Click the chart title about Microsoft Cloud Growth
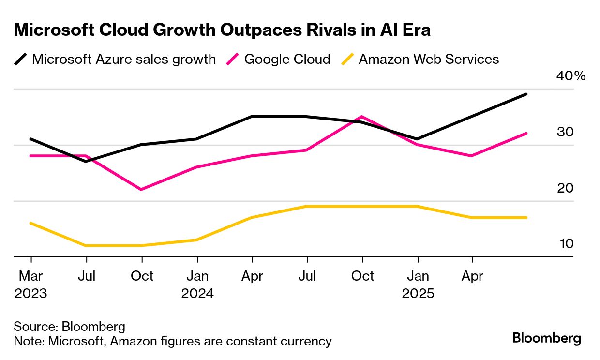pyautogui.click(x=222, y=30)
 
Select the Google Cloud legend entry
pyautogui.click(x=287, y=60)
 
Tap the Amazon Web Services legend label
pyautogui.click(x=428, y=60)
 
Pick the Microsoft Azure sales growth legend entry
pyautogui.click(x=123, y=60)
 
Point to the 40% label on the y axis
pyautogui.click(x=571, y=76)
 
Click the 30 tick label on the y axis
pyautogui.click(x=565, y=132)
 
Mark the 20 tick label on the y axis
pyautogui.click(x=565, y=188)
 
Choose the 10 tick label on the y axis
pyautogui.click(x=566, y=243)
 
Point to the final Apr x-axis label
pyautogui.click(x=472, y=276)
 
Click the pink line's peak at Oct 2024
pyautogui.click(x=361, y=117)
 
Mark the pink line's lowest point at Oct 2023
pyautogui.click(x=141, y=189)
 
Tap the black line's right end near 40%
pyautogui.click(x=526, y=94)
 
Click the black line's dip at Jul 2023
pyautogui.click(x=86, y=161)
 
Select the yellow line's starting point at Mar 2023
pyautogui.click(x=31, y=223)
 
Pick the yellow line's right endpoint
pyautogui.click(x=526, y=218)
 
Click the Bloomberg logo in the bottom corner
pyautogui.click(x=547, y=338)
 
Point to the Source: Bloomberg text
pyautogui.click(x=69, y=326)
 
